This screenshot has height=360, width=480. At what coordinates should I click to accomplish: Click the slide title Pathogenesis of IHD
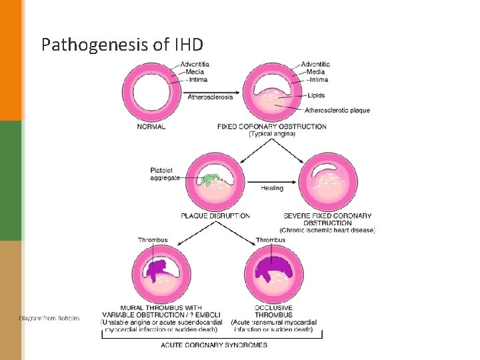122,45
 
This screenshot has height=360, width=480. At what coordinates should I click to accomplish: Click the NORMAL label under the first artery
151,126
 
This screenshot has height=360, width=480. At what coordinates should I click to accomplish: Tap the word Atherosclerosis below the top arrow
211,97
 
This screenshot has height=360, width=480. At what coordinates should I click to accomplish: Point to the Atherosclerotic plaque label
337,110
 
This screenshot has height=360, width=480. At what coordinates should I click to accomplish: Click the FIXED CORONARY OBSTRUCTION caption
272,126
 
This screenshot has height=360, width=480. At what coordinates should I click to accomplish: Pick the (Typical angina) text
272,134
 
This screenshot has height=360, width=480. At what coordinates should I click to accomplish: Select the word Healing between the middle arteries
272,188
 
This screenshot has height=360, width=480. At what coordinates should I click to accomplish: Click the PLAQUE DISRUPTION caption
215,215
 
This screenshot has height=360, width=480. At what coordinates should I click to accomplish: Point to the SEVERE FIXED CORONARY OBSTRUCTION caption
327,219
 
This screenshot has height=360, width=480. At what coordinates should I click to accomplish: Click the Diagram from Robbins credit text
49,319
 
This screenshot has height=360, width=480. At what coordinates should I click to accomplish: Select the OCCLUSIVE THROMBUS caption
273,311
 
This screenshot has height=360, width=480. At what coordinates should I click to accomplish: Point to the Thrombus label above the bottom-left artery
152,240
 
